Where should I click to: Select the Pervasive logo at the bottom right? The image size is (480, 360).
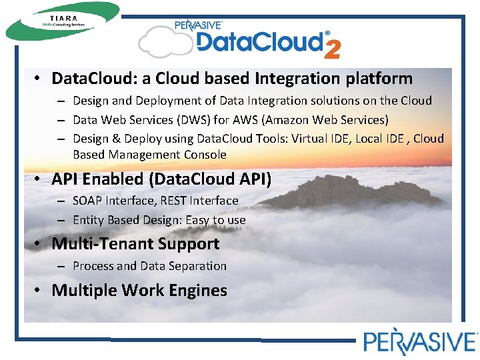pos(419,341)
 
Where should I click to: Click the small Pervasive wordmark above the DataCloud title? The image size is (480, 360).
pos(198,25)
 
